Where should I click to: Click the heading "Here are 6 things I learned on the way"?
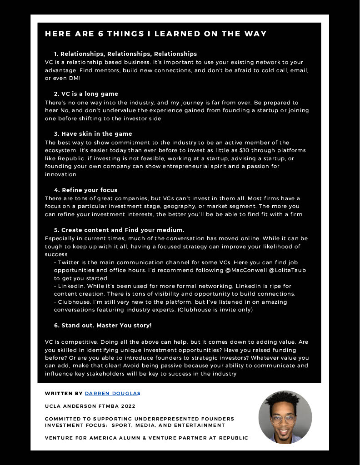tap(155, 34)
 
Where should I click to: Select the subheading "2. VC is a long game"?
tap(86, 94)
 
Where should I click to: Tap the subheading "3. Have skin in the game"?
tap(93, 134)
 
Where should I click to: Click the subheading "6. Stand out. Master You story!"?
tap(103, 326)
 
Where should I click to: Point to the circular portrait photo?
tap(285, 417)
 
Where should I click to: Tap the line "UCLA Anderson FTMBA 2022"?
tap(90, 406)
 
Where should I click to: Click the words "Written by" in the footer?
tap(64, 393)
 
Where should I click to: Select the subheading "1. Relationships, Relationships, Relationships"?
tap(125, 54)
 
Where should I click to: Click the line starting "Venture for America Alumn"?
tap(146, 438)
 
